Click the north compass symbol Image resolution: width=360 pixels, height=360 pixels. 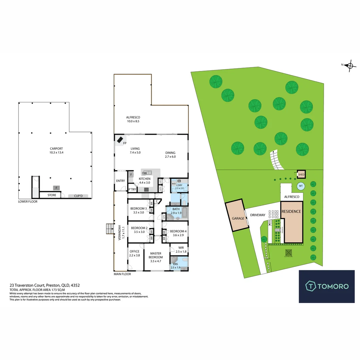(350, 65)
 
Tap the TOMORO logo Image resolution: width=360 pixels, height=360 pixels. (327, 286)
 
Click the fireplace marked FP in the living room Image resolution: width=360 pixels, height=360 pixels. (120, 140)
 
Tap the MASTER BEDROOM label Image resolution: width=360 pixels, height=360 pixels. (156, 255)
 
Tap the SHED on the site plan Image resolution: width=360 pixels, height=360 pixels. (301, 174)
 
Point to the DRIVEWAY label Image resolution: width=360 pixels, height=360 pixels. (258, 215)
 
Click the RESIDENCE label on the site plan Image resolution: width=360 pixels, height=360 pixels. (291, 212)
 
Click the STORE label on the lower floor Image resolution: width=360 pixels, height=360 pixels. (52, 195)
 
